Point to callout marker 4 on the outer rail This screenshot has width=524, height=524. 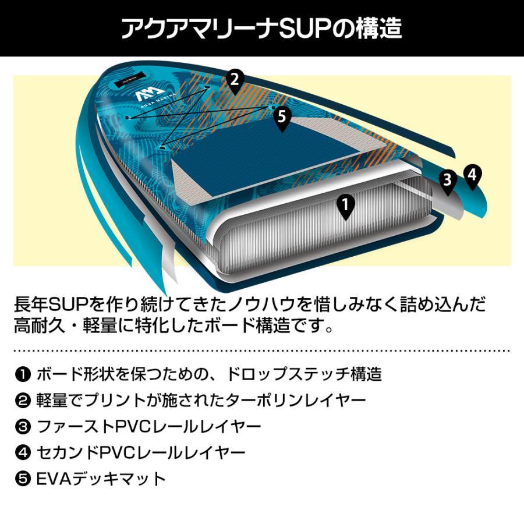click(x=472, y=175)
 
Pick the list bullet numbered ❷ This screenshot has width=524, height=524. click(x=22, y=401)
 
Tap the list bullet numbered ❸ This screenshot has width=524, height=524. click(x=22, y=427)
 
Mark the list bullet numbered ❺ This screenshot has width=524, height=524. click(x=22, y=479)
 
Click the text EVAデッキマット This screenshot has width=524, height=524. click(x=101, y=479)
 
